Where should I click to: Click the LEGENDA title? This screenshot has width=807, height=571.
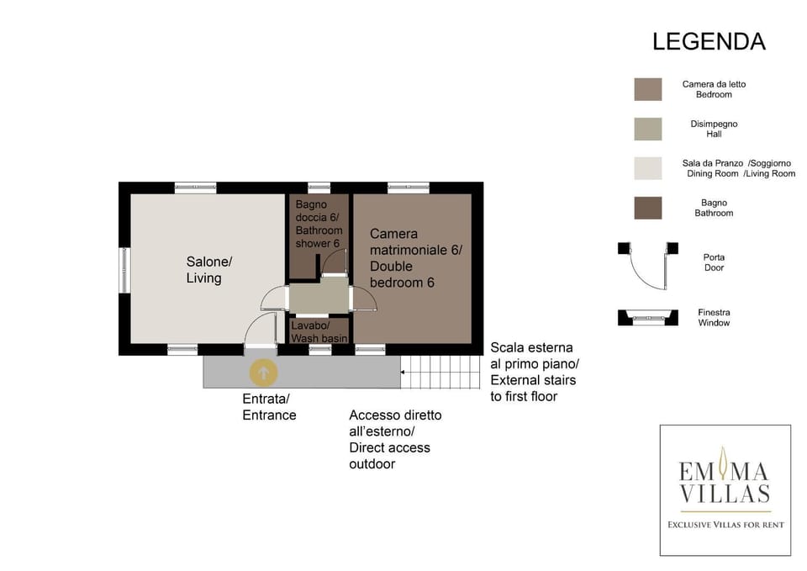(x=709, y=42)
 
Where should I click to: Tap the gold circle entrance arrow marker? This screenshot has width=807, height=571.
(x=263, y=373)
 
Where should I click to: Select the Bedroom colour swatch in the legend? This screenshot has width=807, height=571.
(x=648, y=89)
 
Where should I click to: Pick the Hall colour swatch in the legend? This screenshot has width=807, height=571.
(x=648, y=129)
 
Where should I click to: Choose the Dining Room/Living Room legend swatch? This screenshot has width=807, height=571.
(x=648, y=168)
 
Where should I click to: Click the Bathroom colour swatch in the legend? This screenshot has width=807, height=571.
(x=648, y=208)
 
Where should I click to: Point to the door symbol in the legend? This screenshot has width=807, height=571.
(x=648, y=265)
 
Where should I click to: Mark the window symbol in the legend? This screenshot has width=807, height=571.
(x=648, y=318)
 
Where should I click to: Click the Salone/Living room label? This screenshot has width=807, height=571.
(x=209, y=270)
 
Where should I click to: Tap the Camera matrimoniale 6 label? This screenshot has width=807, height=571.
(x=416, y=258)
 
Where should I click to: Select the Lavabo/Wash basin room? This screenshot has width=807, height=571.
(x=319, y=331)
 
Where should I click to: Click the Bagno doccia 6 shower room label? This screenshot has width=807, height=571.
(x=319, y=224)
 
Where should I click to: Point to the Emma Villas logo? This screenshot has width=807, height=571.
(x=725, y=490)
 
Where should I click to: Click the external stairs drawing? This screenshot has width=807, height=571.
(x=441, y=372)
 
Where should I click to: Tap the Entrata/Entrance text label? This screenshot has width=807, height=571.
(x=269, y=407)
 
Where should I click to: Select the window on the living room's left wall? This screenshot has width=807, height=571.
(x=124, y=270)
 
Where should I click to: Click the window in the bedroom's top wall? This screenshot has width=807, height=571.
(x=409, y=188)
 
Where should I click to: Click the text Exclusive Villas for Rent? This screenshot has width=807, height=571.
(x=725, y=525)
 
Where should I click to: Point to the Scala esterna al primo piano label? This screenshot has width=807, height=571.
(x=535, y=372)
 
